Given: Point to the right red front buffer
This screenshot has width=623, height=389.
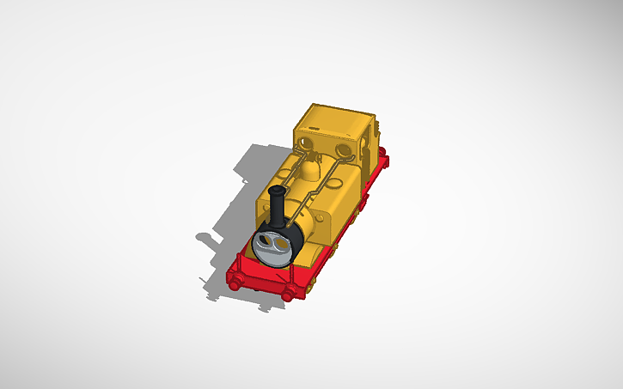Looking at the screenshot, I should [286, 295].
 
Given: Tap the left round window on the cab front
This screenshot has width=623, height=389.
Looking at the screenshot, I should [305, 139].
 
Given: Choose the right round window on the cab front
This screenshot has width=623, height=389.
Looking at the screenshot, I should [344, 152].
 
